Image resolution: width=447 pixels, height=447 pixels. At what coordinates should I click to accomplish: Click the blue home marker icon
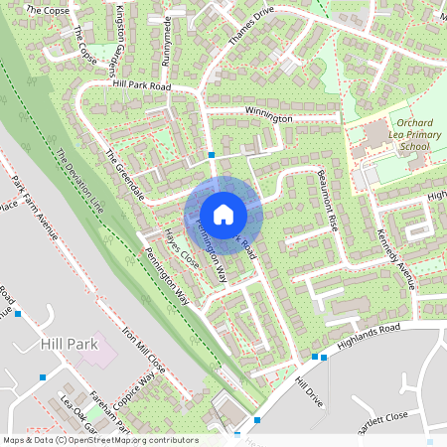pos(223,214)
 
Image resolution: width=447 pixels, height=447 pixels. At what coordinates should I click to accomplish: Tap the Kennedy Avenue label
pos(395,256)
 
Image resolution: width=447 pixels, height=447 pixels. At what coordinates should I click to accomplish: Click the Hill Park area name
pos(68,343)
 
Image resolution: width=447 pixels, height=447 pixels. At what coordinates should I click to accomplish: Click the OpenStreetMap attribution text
pos(99,440)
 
